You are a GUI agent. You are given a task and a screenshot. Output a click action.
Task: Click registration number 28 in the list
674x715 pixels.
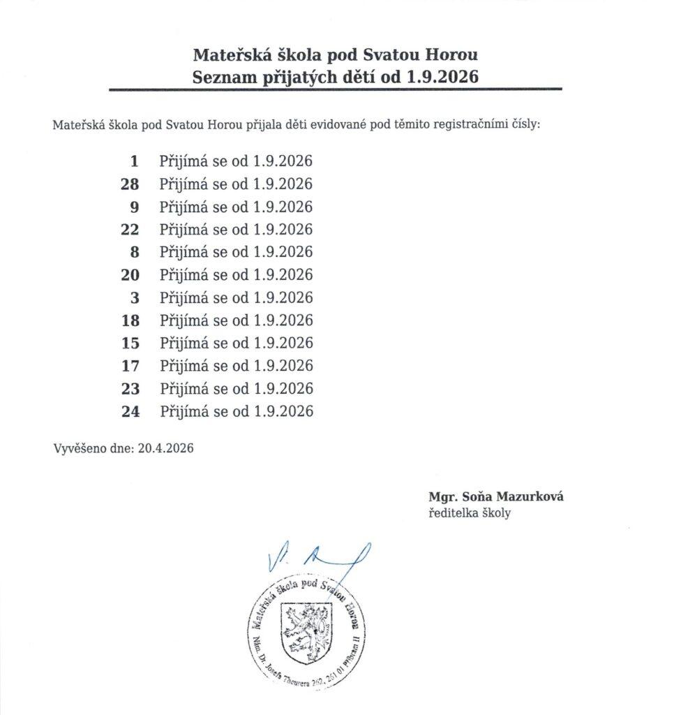pos(130,184)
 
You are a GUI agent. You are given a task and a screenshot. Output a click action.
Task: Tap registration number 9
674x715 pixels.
pos(135,207)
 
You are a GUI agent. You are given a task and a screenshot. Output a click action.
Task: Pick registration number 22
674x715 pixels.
pos(130,230)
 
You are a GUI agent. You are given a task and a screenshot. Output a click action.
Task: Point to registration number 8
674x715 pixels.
pos(135,252)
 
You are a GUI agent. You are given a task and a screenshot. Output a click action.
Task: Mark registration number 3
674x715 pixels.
pos(135,297)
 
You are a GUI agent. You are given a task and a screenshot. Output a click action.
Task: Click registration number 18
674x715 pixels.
pos(130,320)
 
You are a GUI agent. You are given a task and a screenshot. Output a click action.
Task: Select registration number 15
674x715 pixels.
pos(130,343)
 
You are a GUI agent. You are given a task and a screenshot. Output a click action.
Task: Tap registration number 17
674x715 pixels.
pos(130,365)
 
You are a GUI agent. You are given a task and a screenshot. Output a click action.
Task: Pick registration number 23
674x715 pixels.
pos(130,388)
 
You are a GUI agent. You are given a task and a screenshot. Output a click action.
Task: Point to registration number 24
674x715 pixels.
pos(130,411)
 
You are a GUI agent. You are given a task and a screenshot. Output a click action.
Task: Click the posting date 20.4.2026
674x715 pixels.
pos(165,448)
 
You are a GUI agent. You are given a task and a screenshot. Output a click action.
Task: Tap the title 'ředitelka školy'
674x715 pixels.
pos(470,513)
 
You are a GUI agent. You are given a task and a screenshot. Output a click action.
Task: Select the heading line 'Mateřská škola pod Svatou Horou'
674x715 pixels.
pos(335,54)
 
